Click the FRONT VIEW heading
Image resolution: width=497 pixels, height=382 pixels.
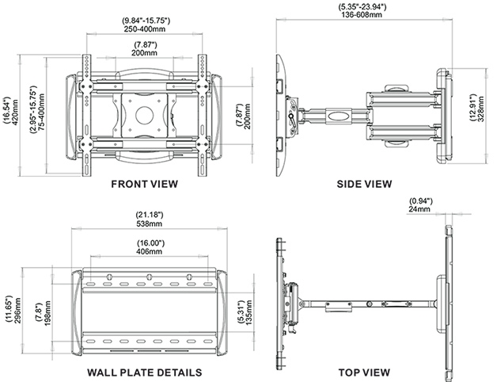click(145, 184)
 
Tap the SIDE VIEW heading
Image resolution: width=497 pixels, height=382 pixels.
click(364, 184)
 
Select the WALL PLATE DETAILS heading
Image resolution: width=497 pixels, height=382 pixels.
click(145, 371)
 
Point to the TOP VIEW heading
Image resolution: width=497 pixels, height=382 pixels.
click(364, 371)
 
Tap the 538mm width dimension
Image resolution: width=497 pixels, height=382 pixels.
click(149, 223)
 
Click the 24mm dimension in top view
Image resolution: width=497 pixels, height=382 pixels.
click(419, 211)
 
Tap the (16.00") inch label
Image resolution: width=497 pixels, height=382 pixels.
click(149, 243)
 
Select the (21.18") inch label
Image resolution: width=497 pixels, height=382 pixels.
click(149, 214)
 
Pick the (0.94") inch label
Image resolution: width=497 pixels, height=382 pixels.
click(419, 201)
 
